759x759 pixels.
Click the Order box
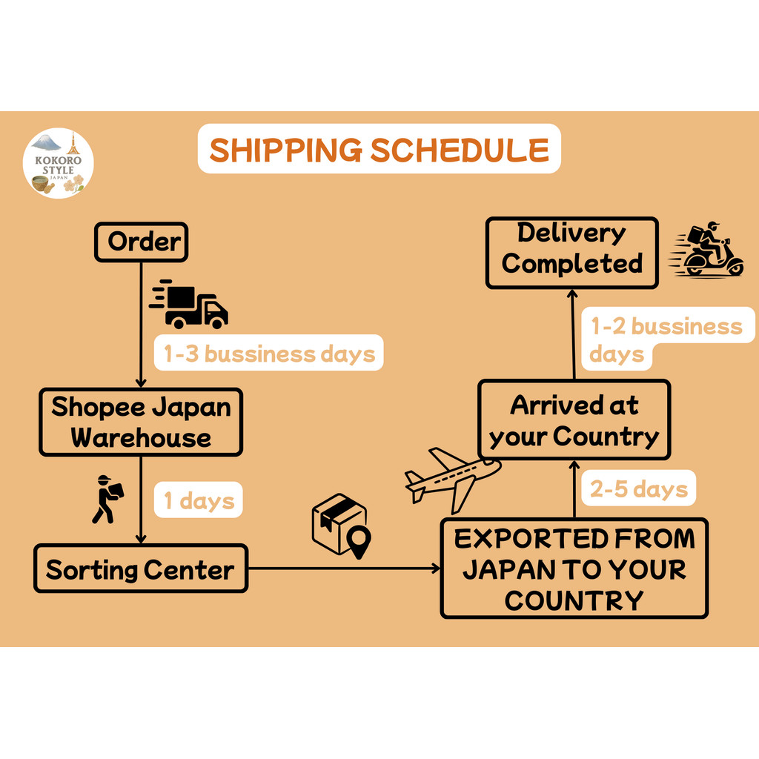click(x=141, y=242)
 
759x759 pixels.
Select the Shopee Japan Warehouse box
click(x=141, y=422)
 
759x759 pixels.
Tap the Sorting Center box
click(x=141, y=569)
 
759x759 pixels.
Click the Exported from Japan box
click(x=574, y=569)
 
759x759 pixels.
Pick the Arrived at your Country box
click(x=574, y=420)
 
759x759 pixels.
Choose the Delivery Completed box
click(x=571, y=252)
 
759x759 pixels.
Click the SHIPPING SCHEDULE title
click(x=379, y=149)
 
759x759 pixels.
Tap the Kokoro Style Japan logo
click(x=59, y=163)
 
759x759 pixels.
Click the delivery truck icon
click(x=190, y=305)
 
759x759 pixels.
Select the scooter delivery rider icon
click(x=709, y=250)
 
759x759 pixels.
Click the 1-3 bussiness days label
click(x=268, y=354)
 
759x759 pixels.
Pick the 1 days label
click(x=199, y=500)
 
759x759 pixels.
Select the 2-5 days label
click(x=638, y=488)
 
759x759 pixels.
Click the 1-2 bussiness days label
click(x=665, y=339)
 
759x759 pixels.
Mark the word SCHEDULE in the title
click(x=460, y=149)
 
